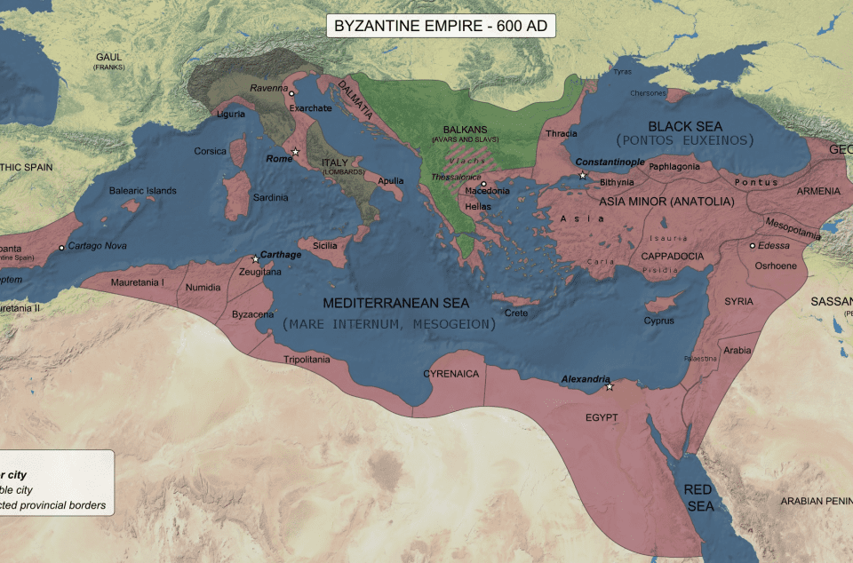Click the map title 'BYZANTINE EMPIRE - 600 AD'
click(442, 26)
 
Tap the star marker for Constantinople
click(583, 176)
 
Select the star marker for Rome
click(296, 152)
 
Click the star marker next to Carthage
click(256, 259)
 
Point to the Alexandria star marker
click(610, 386)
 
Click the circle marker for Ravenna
click(291, 92)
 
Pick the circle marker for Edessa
click(753, 246)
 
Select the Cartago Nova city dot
click(61, 247)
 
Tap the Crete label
click(516, 313)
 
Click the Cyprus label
click(659, 321)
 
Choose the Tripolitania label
click(307, 360)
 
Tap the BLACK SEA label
click(685, 126)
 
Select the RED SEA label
click(698, 497)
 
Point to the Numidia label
click(203, 288)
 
